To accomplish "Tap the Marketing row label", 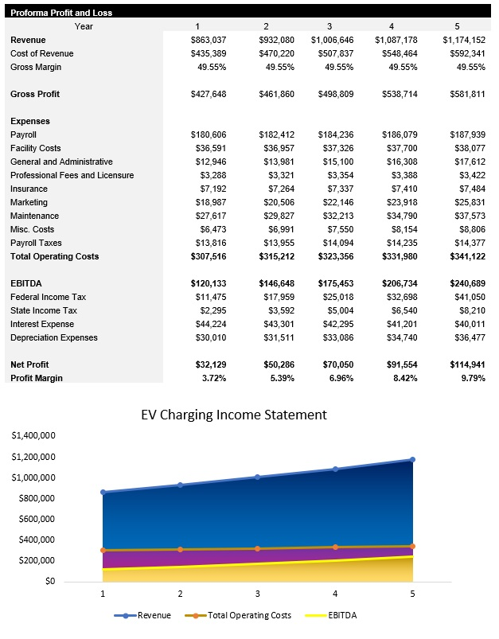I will pyautogui.click(x=29, y=202).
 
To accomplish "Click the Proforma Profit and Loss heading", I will pyautogui.click(x=61, y=13).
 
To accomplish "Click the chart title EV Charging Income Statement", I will pyautogui.click(x=233, y=415).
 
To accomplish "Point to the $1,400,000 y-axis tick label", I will pyautogui.click(x=33, y=436).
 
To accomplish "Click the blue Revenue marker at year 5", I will pyautogui.click(x=412, y=459).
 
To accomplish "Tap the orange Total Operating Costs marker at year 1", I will pyautogui.click(x=103, y=550).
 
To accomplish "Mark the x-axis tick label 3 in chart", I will pyautogui.click(x=257, y=594).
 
